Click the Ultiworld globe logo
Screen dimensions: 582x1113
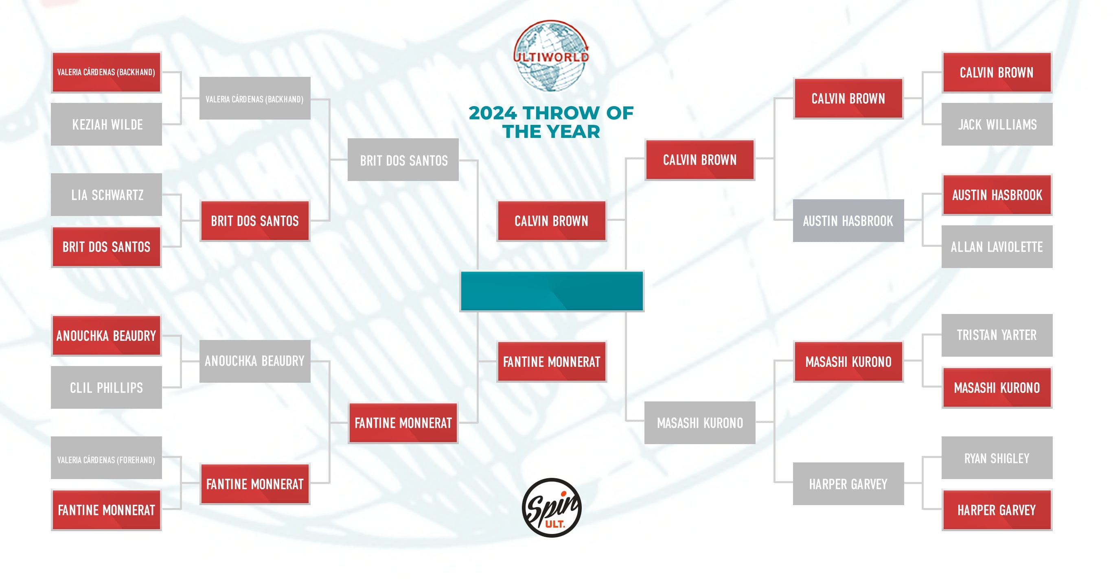(x=551, y=55)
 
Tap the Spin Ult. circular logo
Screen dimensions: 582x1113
(x=551, y=507)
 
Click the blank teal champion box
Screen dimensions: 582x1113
(x=552, y=291)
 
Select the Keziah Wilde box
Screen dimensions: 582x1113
(x=106, y=124)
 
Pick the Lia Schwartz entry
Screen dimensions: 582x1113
(x=106, y=195)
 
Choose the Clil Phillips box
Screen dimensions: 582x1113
(x=106, y=387)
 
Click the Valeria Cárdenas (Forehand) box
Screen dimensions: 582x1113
(x=106, y=460)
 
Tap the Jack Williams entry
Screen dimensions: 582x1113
(x=997, y=124)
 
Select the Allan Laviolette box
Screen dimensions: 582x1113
(x=997, y=246)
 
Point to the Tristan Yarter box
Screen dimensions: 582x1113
(x=997, y=335)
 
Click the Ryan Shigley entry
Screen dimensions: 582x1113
(x=997, y=458)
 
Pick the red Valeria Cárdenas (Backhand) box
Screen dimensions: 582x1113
(x=106, y=72)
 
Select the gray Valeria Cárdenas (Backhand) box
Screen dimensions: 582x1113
(x=254, y=99)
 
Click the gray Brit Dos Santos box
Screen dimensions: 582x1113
(x=403, y=160)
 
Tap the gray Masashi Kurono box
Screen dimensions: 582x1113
(x=699, y=423)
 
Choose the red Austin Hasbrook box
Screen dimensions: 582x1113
(x=997, y=195)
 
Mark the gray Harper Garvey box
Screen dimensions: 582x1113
(x=848, y=484)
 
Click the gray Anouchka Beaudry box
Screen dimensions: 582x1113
(x=254, y=361)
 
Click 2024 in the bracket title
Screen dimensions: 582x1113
(x=493, y=113)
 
